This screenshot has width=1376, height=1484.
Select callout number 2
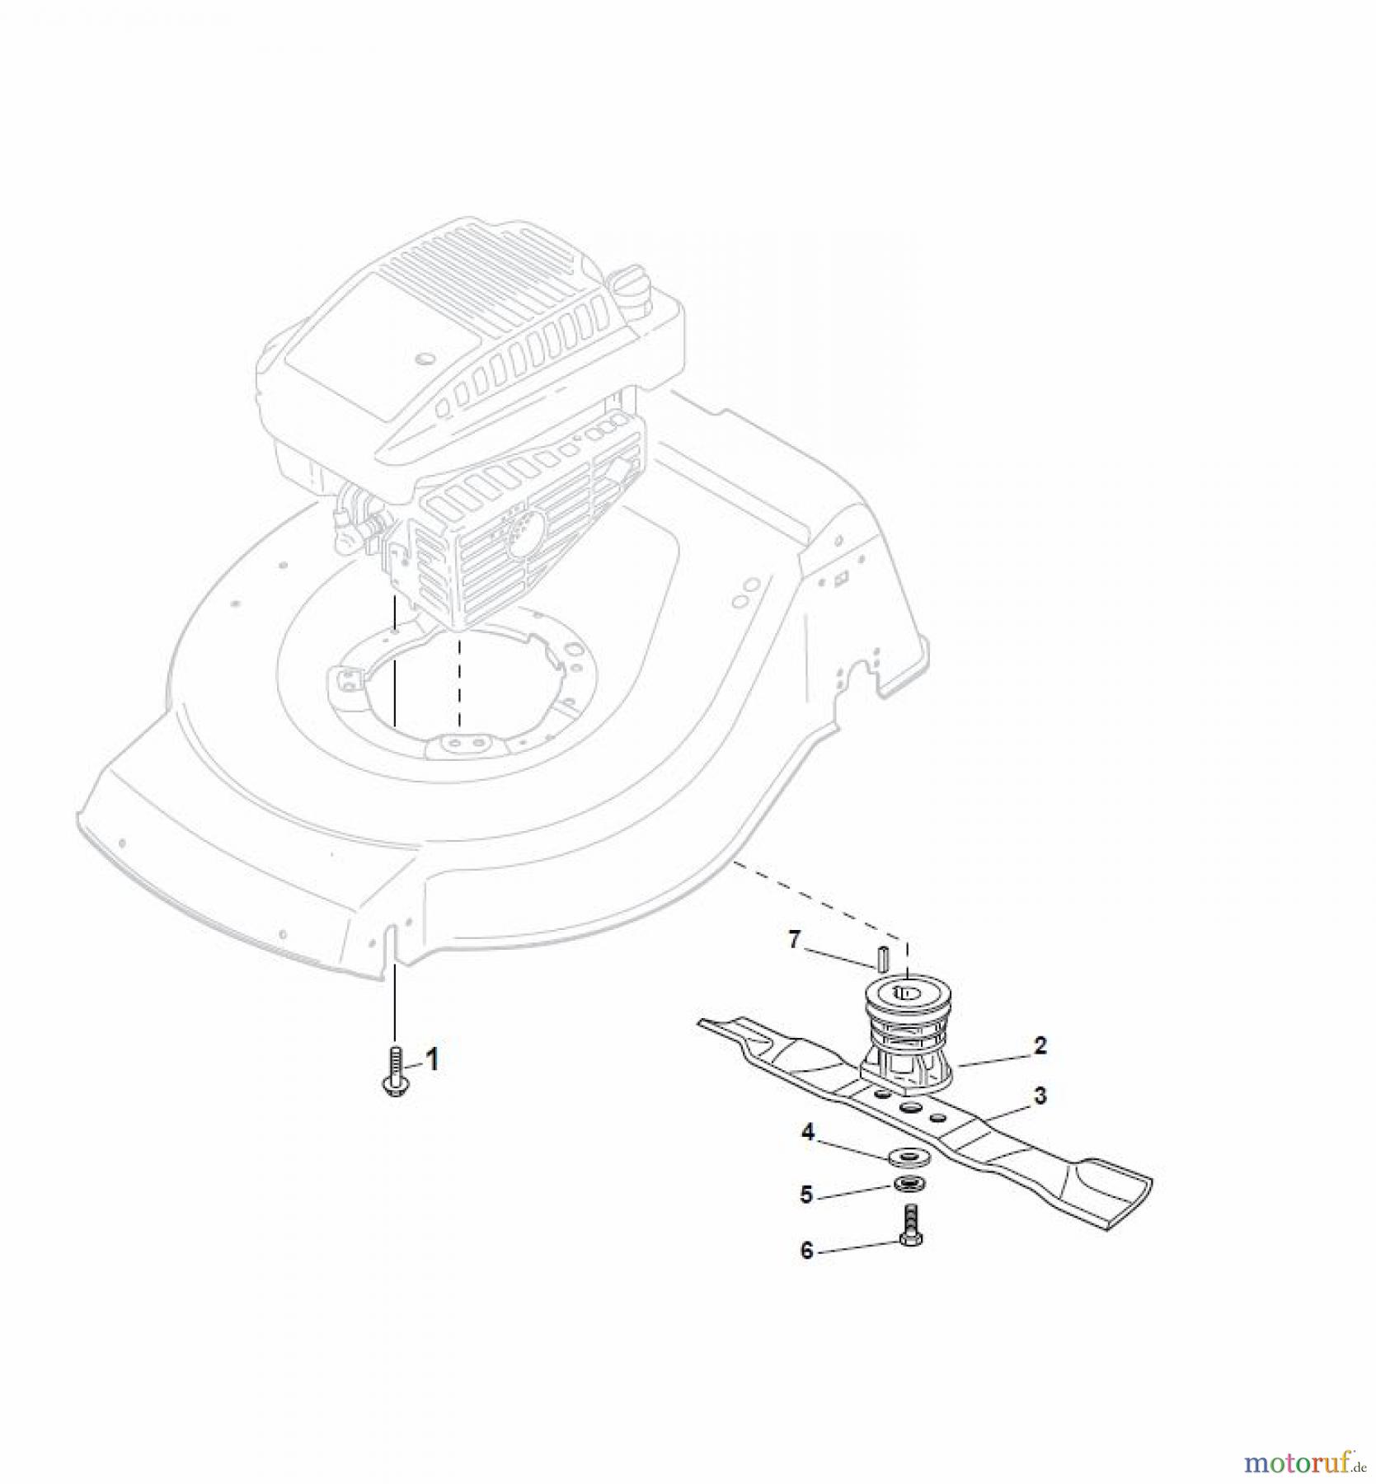tap(1040, 1046)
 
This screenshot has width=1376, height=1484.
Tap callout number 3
tap(1040, 1096)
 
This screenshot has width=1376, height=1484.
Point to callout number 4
tap(807, 1133)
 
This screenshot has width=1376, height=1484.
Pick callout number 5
tap(806, 1194)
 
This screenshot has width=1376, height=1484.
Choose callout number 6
tap(806, 1251)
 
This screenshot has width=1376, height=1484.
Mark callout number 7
tap(794, 940)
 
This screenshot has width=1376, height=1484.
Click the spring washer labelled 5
tap(909, 1186)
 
